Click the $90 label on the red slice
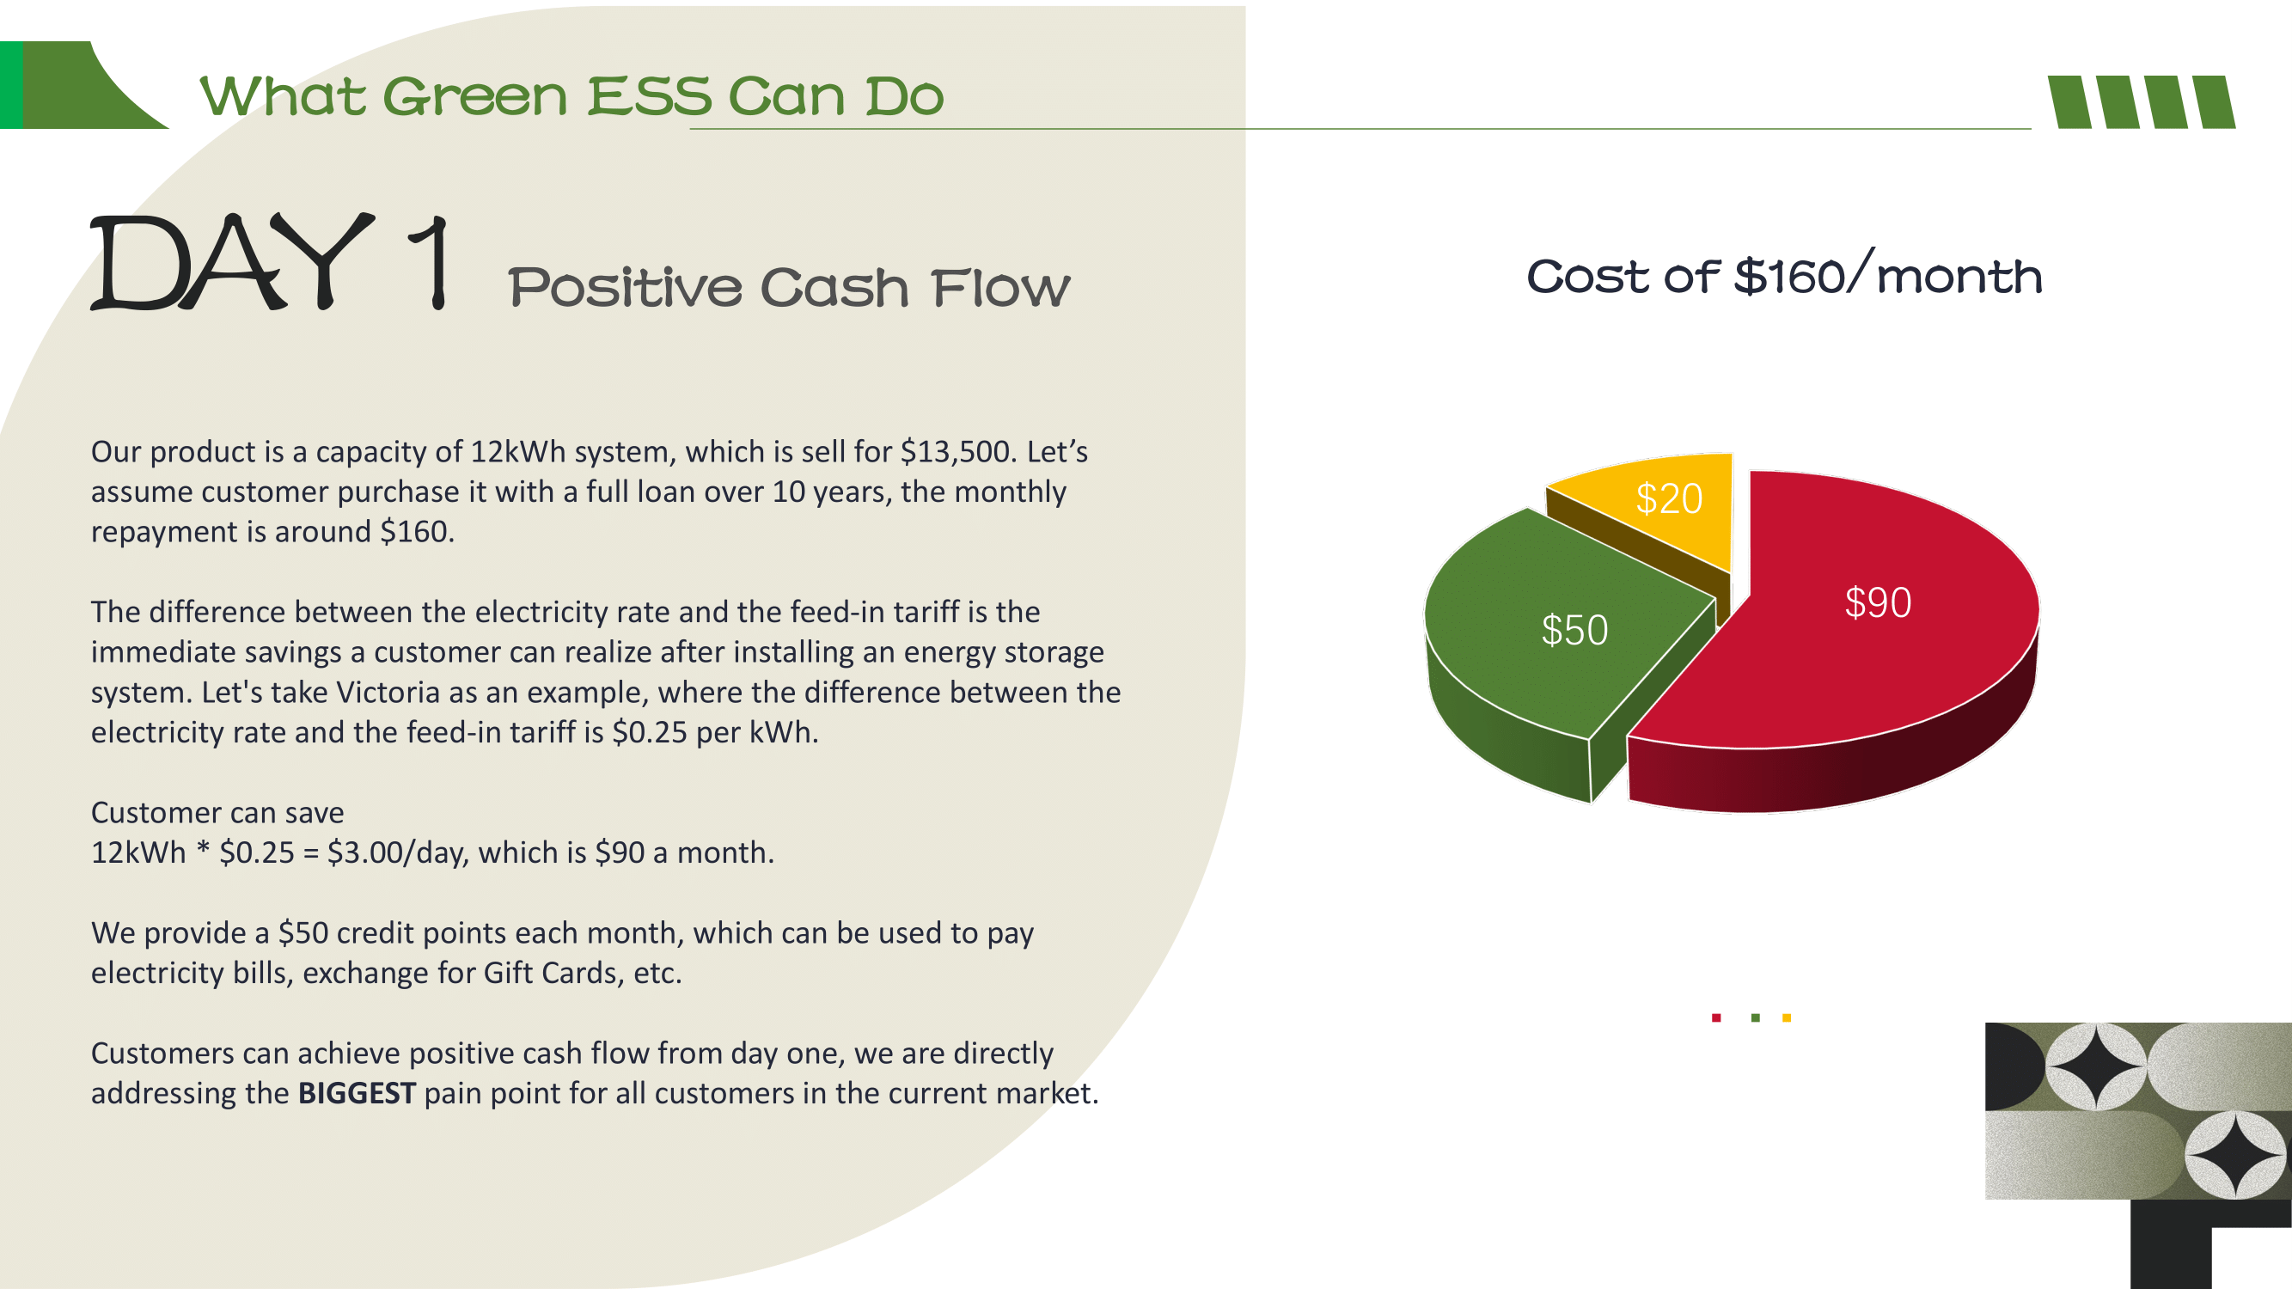pos(1878,603)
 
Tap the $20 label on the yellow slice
pos(1669,499)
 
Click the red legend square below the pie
pos(1716,1017)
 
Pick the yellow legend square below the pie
pos(1787,1017)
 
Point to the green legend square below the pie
pos(1756,1017)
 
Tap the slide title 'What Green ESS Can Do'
pos(571,96)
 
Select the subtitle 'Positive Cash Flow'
pos(789,287)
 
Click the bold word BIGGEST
pos(357,1093)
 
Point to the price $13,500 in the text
pos(957,452)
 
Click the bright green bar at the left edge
pos(11,84)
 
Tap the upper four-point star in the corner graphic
pos(2097,1066)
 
